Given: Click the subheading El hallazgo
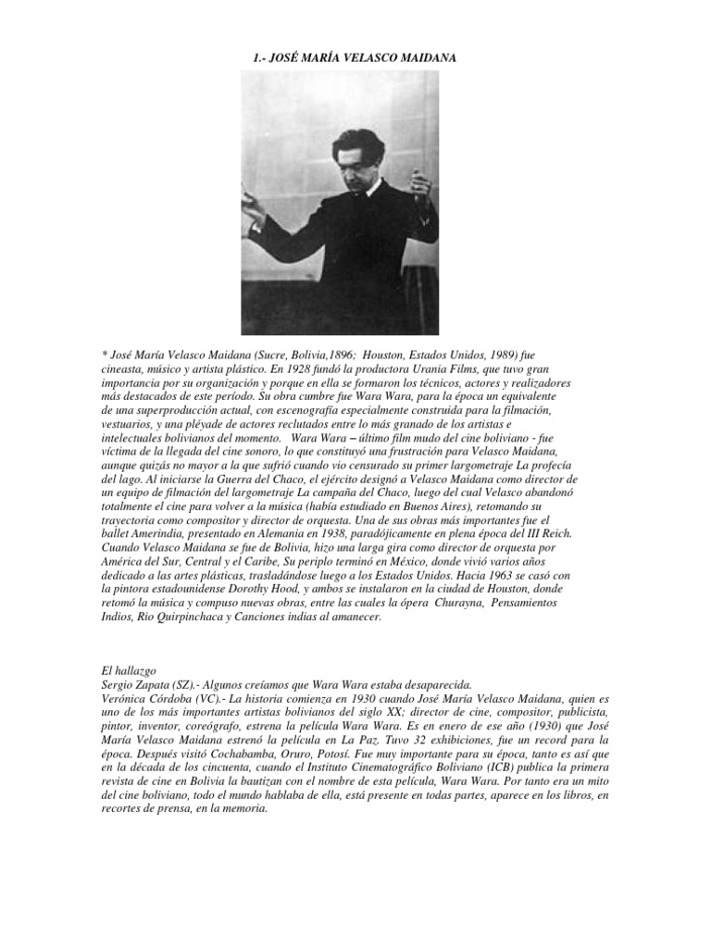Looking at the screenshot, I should pyautogui.click(x=130, y=669).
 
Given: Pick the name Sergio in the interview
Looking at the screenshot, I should pyautogui.click(x=117, y=684).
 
